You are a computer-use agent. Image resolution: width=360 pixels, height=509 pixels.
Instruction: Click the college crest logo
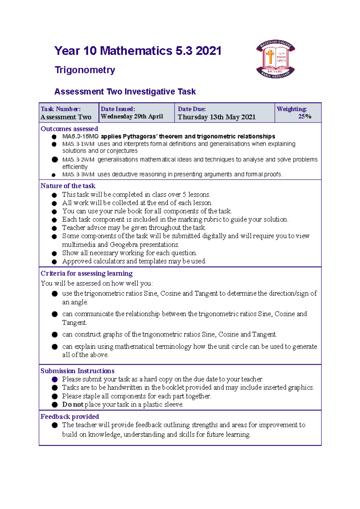click(x=275, y=59)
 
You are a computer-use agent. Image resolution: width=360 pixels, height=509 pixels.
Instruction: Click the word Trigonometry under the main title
click(x=85, y=70)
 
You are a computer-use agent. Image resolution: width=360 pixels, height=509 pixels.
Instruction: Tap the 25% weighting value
click(x=304, y=116)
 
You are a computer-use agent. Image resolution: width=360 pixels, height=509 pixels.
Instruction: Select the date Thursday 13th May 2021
click(x=216, y=117)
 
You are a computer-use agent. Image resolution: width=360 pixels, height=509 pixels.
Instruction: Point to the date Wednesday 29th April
click(x=132, y=116)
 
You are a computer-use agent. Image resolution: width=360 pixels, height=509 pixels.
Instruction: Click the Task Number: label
click(x=61, y=109)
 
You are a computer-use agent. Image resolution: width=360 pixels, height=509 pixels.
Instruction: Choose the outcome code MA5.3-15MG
click(x=80, y=136)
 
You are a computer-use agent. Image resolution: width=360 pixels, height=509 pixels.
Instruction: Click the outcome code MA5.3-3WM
click(x=78, y=174)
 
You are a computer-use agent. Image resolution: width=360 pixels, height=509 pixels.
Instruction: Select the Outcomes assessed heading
click(x=69, y=129)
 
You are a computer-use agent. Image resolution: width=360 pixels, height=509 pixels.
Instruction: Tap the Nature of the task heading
click(x=68, y=186)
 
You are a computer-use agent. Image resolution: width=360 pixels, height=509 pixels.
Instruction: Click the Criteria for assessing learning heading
click(x=86, y=273)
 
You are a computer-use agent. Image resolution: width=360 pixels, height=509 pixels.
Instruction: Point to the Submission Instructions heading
click(x=77, y=371)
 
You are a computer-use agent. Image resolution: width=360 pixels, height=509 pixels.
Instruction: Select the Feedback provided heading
click(x=70, y=416)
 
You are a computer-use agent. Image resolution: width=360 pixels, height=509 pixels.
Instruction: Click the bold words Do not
click(x=73, y=404)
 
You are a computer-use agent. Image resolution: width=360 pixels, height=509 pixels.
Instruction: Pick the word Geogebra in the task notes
click(x=124, y=245)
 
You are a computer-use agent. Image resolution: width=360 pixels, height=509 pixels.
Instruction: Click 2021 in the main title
click(x=208, y=51)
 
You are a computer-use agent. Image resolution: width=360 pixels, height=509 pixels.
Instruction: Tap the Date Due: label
click(x=192, y=109)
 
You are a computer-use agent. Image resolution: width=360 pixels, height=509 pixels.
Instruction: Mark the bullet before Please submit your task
click(x=55, y=379)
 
